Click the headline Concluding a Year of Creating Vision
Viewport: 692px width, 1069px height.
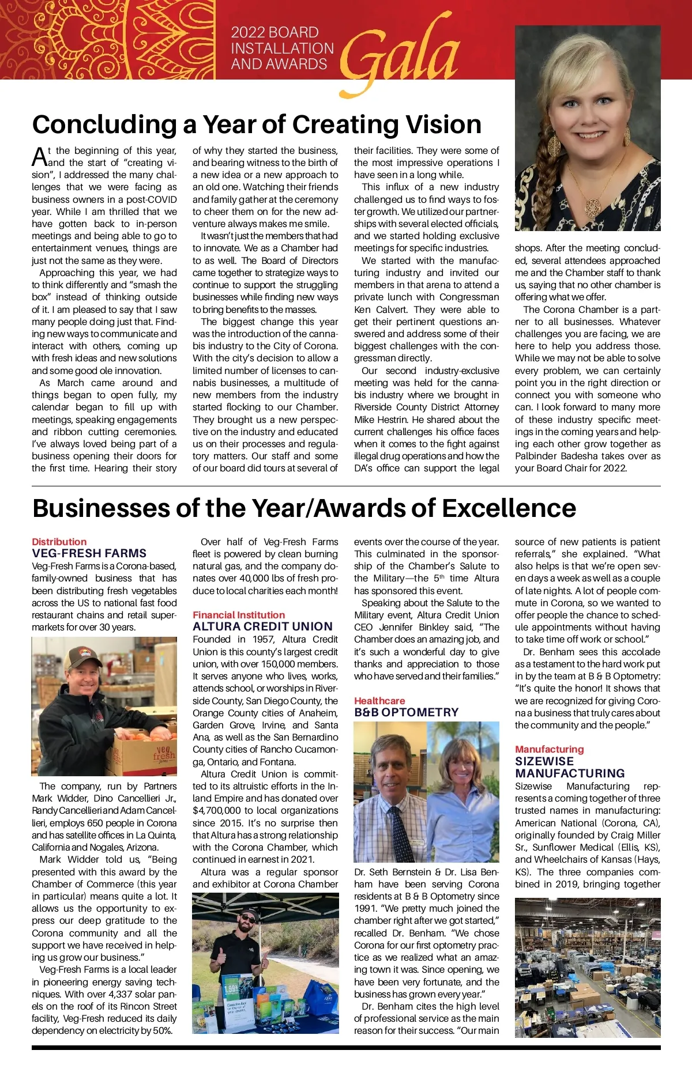(257, 124)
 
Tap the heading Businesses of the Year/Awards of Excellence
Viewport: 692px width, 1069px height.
(304, 508)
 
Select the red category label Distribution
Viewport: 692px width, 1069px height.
(59, 542)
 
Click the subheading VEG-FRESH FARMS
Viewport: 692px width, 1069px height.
(89, 553)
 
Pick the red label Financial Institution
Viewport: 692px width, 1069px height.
(239, 615)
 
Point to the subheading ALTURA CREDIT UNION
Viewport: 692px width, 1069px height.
(262, 626)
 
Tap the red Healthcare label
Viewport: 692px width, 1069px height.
(379, 701)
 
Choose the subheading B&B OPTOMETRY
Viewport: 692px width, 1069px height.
(406, 712)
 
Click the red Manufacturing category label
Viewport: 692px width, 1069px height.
(549, 749)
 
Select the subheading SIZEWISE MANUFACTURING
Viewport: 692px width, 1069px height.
(570, 767)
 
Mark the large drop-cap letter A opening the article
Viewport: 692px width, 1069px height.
(39, 157)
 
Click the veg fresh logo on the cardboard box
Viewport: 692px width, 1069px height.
(164, 754)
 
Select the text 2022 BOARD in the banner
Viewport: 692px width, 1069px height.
(274, 32)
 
